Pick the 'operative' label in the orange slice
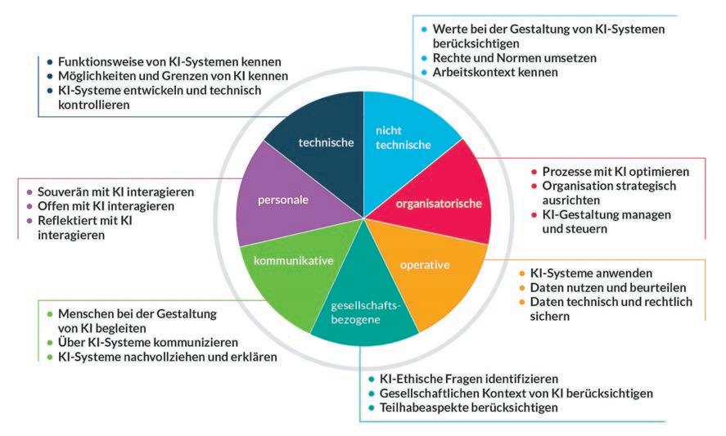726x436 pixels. coord(425,264)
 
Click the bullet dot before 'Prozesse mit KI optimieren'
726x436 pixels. coord(535,172)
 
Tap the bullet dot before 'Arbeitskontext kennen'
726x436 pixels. coord(424,73)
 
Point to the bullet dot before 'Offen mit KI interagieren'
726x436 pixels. coord(29,206)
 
